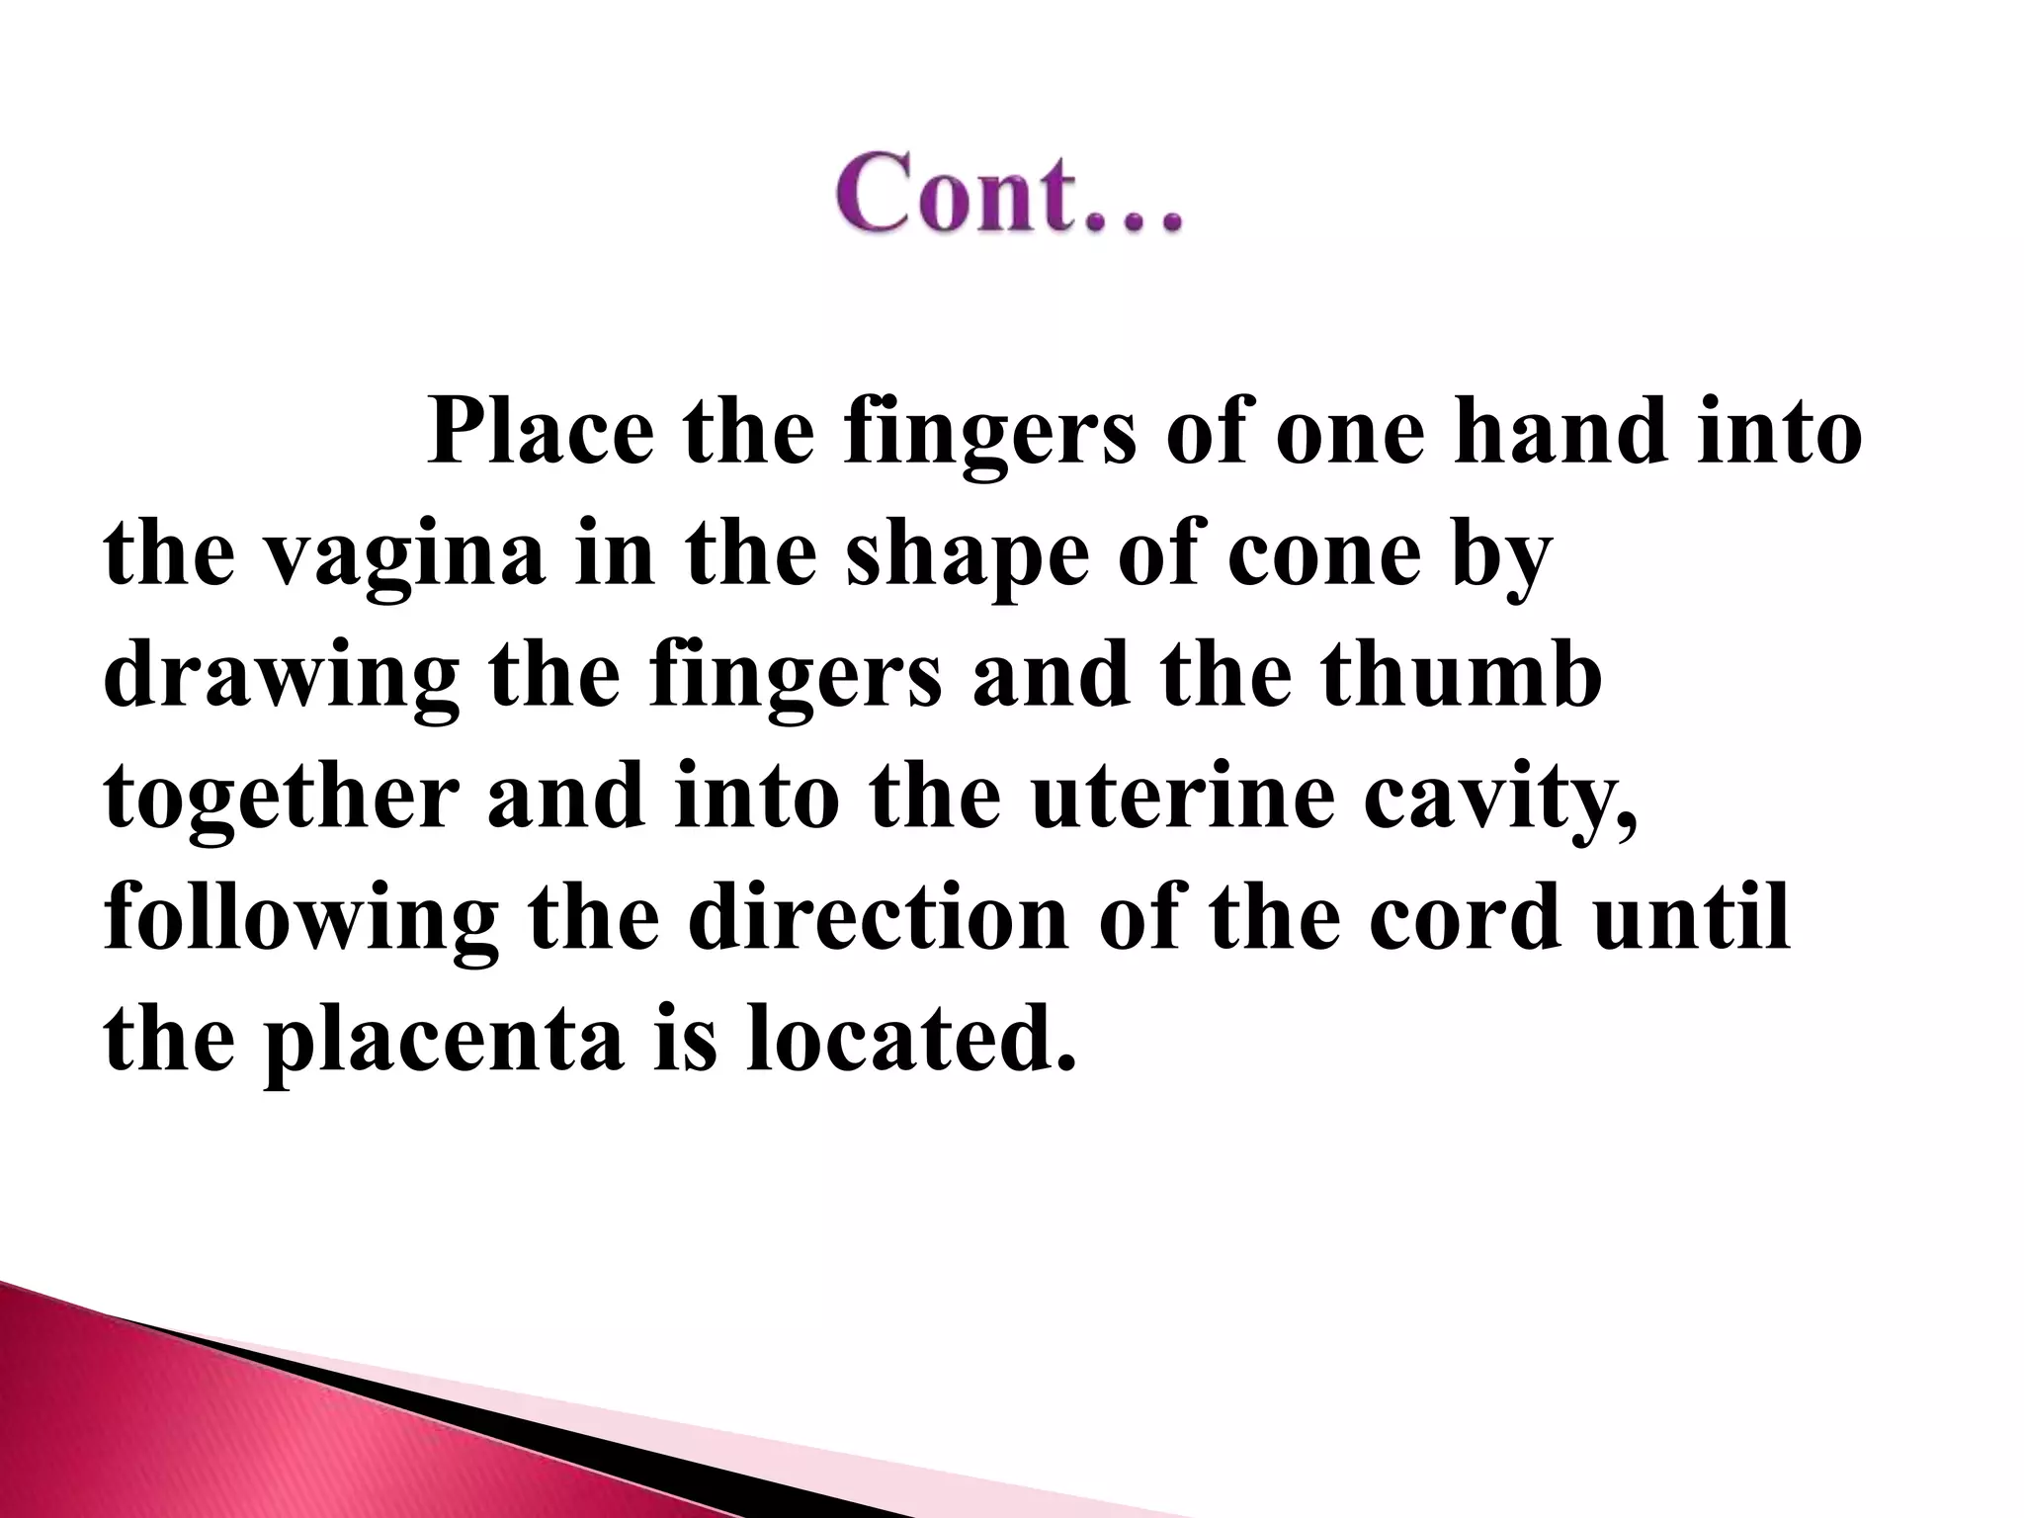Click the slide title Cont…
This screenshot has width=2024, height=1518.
coord(1008,193)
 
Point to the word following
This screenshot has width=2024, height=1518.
coord(300,919)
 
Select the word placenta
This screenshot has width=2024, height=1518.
coord(443,1040)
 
